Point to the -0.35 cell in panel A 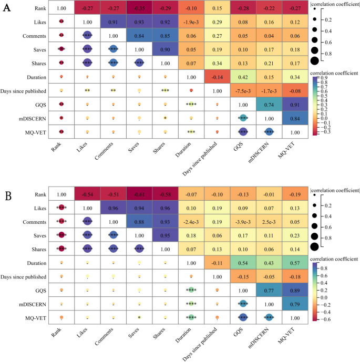(x=139, y=9)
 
